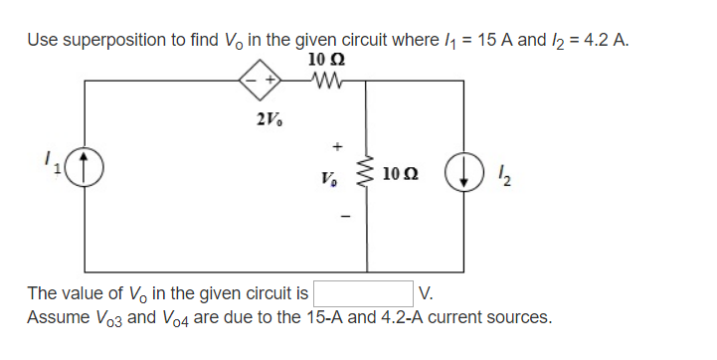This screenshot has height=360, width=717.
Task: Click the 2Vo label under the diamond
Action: [269, 119]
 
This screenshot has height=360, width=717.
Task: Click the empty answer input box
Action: [363, 294]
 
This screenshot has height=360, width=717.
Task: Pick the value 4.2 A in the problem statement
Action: [606, 41]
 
